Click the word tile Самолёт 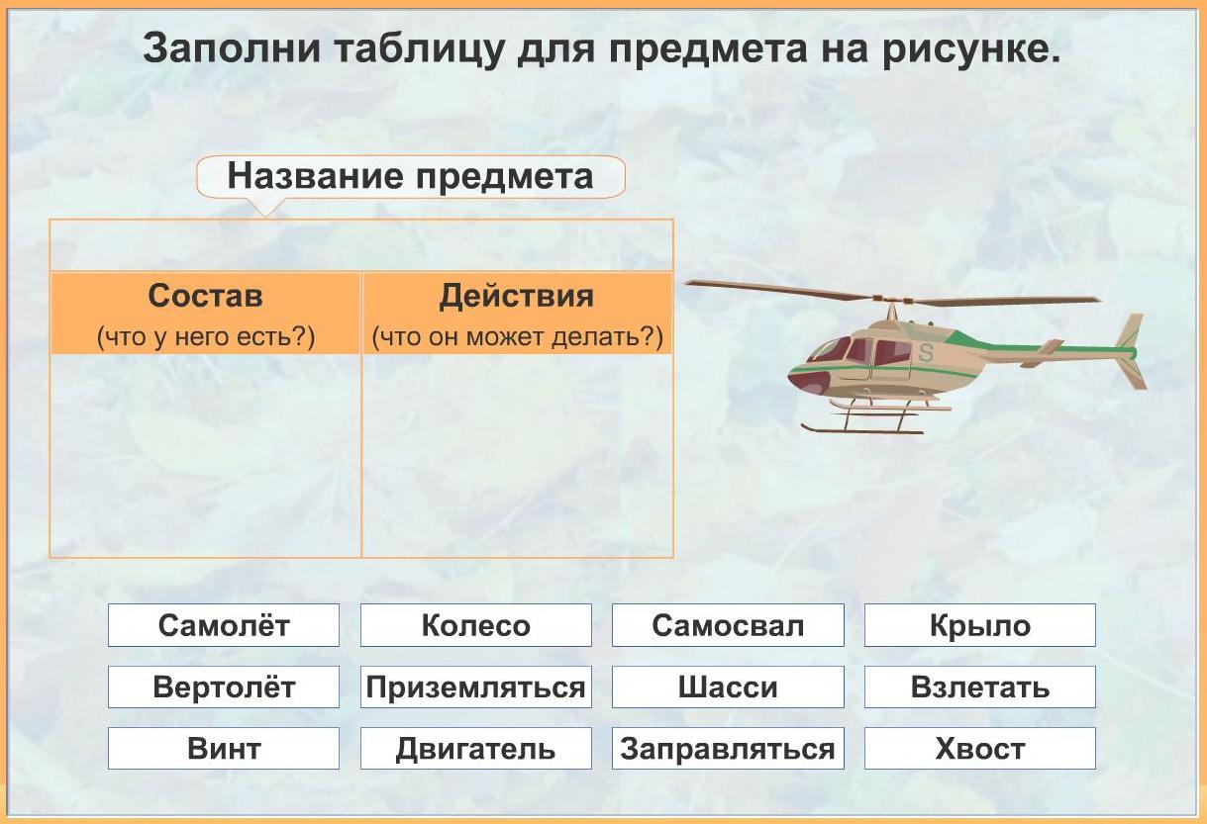click(x=224, y=625)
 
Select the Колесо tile click(x=476, y=625)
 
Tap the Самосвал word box click(x=728, y=625)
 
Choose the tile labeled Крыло click(x=980, y=625)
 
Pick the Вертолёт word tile click(x=224, y=687)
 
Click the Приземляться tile click(x=476, y=687)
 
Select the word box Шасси click(x=728, y=687)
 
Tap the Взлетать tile click(x=980, y=687)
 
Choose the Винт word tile click(x=224, y=748)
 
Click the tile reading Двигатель click(x=476, y=748)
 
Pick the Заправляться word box click(x=728, y=748)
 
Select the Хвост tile click(x=980, y=748)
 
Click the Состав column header click(x=205, y=314)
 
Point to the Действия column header click(x=517, y=314)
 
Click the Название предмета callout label click(x=411, y=176)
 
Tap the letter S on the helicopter click(x=926, y=352)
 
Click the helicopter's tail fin click(x=1132, y=351)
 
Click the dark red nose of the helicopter click(x=807, y=382)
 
